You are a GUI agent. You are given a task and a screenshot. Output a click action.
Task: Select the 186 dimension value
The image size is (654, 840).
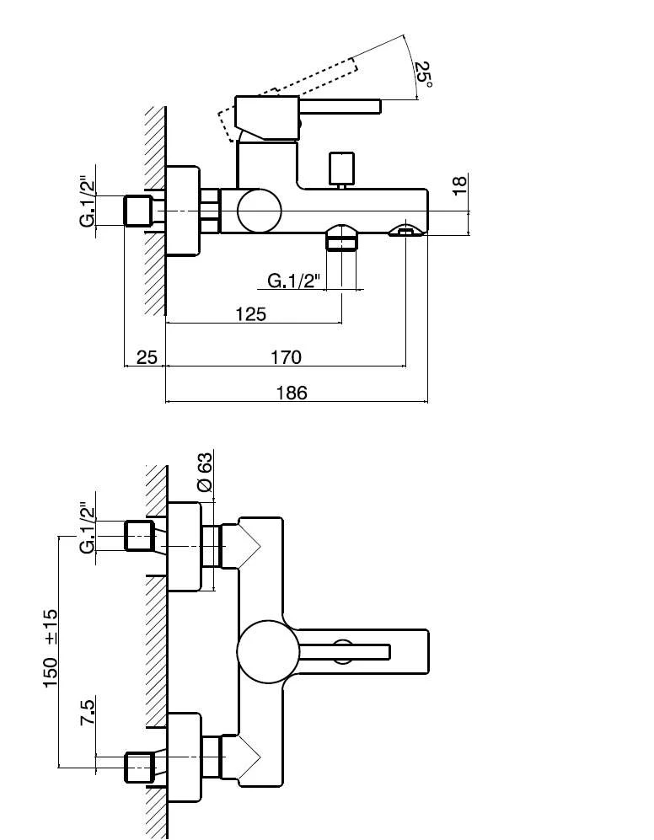click(291, 392)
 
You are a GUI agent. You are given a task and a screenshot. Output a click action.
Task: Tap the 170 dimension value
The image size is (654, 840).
click(286, 356)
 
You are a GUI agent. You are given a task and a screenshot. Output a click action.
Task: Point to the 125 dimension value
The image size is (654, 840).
click(250, 313)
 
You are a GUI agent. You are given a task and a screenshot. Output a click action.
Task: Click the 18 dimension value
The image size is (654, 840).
click(459, 186)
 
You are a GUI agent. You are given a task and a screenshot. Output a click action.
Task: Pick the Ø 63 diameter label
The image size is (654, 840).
click(204, 474)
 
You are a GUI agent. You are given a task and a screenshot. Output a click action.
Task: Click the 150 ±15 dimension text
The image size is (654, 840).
click(51, 649)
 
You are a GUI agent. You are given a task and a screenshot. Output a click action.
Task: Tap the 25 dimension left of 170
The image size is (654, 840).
click(147, 356)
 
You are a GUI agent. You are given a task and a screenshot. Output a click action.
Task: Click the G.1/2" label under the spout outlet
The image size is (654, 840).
click(294, 281)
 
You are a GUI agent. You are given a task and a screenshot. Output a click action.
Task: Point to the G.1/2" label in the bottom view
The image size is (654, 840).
click(87, 528)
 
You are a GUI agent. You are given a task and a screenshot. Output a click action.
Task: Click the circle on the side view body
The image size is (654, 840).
click(259, 210)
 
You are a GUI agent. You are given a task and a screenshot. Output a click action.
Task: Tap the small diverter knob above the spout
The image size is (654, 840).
click(341, 168)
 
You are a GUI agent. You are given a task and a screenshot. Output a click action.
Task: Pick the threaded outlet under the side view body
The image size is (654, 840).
click(341, 238)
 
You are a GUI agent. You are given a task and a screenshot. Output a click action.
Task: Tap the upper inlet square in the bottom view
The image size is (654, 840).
click(138, 536)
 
